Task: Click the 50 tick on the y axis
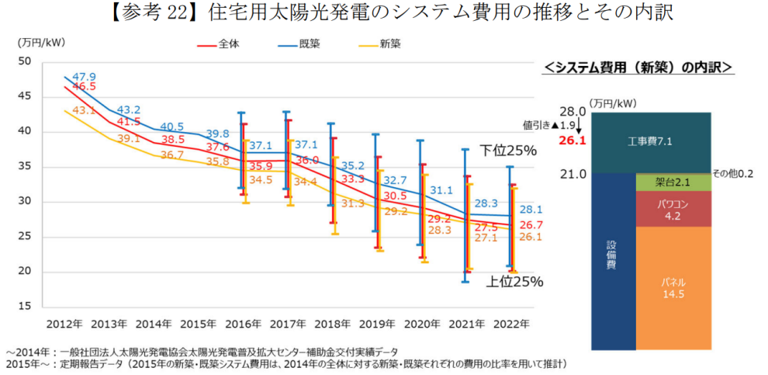pos(23,61)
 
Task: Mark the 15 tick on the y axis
pos(23,307)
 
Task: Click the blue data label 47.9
pos(84,77)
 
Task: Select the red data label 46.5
pos(84,87)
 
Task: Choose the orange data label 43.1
pos(84,110)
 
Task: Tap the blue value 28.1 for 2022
pos(531,210)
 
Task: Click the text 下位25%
pos(508,150)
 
